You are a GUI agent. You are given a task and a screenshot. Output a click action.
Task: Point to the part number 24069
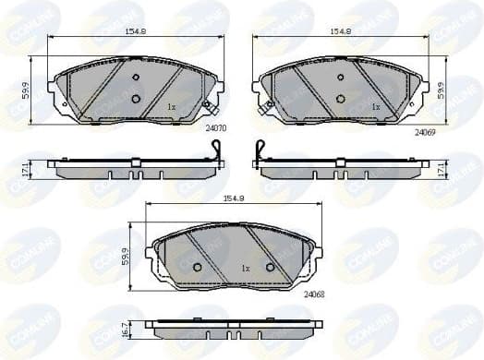click(423, 132)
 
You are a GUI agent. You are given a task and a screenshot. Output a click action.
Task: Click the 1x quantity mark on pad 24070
click(171, 107)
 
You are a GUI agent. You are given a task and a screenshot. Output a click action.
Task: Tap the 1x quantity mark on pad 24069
click(376, 107)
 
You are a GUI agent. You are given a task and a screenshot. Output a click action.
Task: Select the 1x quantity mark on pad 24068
click(246, 268)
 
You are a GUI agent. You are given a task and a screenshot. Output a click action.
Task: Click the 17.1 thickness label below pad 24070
click(27, 168)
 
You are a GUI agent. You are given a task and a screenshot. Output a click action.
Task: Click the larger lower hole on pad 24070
click(136, 99)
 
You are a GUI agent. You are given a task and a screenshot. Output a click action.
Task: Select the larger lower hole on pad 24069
click(341, 99)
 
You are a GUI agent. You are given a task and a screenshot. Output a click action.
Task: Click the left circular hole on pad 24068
click(197, 267)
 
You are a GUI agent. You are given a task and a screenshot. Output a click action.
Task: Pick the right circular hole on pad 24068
click(270, 267)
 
